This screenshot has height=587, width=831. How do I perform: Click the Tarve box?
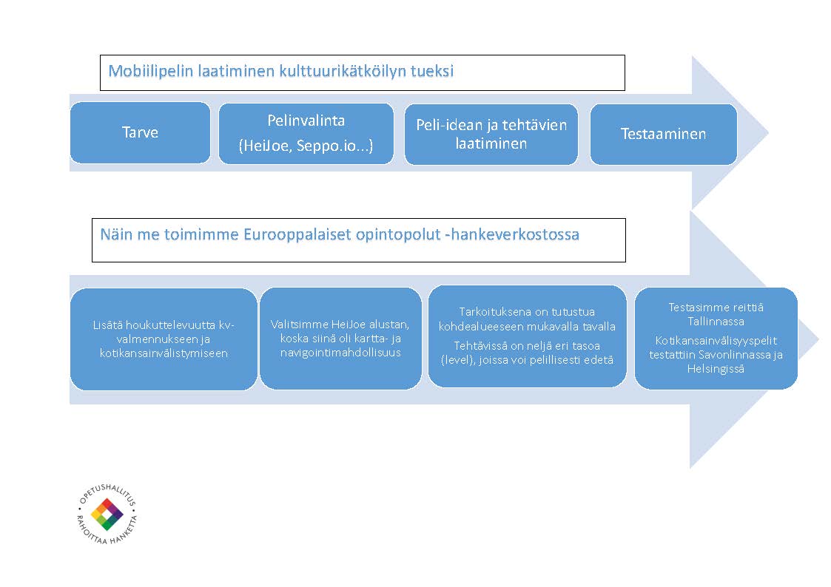[x=140, y=132]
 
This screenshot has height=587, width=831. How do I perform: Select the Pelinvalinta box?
[x=306, y=133]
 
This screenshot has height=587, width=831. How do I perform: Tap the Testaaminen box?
[x=663, y=134]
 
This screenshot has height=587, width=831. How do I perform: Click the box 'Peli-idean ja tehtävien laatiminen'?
[x=491, y=134]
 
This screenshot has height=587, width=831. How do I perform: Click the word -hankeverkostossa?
[x=512, y=234]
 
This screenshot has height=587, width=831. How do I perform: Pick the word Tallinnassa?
[x=716, y=322]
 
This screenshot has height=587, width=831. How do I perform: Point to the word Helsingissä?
[x=716, y=369]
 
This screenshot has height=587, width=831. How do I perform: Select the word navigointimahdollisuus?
[x=340, y=353]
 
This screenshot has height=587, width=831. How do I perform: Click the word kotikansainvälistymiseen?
[x=164, y=353]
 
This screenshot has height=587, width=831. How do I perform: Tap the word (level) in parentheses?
[x=457, y=360]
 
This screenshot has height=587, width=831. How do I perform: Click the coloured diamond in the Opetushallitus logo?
[x=107, y=514]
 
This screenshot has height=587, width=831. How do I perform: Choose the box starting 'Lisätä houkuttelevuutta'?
[x=164, y=339]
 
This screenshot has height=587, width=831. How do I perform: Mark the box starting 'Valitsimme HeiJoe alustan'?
[x=340, y=338]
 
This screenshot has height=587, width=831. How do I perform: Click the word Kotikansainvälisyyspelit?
[x=716, y=341]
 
